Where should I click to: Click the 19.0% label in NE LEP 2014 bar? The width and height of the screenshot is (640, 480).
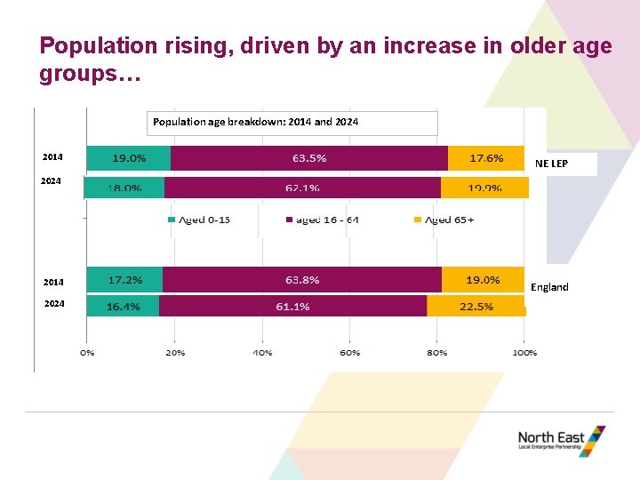[129, 158]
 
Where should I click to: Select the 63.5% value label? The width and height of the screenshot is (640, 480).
[309, 158]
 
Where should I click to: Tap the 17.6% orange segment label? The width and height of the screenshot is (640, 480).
[486, 158]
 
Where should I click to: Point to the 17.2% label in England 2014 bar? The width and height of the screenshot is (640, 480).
[125, 279]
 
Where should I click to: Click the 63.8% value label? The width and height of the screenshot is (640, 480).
[302, 279]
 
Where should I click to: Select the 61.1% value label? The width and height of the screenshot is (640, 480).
[293, 306]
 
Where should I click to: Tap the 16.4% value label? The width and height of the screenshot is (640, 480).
[124, 306]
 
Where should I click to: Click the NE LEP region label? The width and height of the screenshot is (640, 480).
[551, 164]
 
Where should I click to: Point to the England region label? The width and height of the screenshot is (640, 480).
[549, 287]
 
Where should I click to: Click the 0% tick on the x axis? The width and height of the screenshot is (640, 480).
[87, 352]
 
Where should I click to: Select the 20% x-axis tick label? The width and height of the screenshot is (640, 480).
[174, 352]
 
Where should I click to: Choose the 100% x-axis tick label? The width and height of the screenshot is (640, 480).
[524, 352]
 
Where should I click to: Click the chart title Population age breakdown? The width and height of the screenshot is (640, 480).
[256, 121]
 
